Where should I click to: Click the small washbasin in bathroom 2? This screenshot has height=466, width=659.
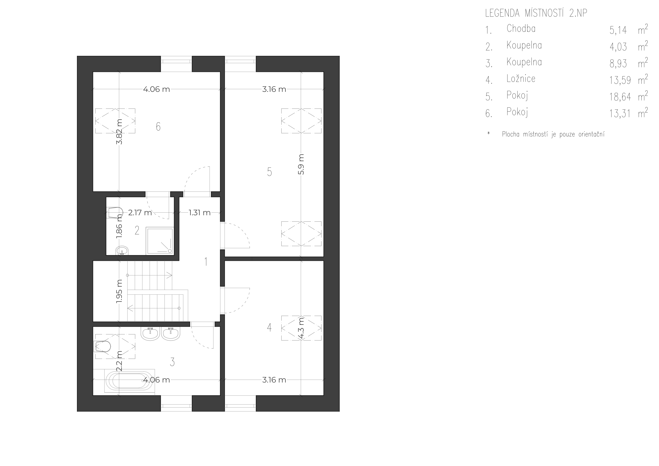tap(123, 251)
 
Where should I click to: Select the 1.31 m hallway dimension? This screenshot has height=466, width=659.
tap(199, 213)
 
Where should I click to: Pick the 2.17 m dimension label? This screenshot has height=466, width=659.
tap(140, 213)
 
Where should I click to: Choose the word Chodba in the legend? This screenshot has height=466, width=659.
tap(521, 28)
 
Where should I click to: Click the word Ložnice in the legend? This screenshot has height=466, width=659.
tap(521, 78)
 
